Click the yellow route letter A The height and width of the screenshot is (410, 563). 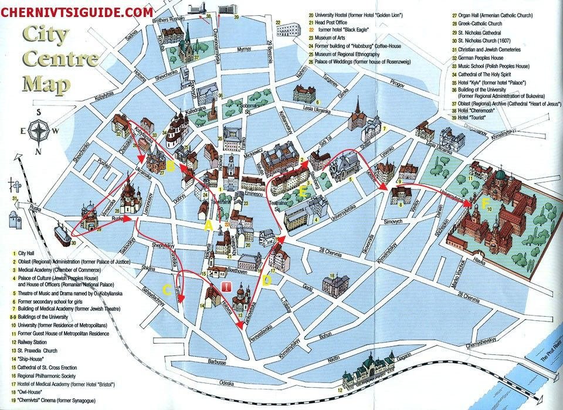coord(206,225)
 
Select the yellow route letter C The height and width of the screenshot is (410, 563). coord(167,289)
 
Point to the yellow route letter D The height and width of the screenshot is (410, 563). coord(267,280)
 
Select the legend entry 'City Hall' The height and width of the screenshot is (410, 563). coord(28,253)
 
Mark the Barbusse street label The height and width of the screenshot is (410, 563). coord(217,362)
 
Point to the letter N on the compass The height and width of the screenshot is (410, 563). coord(38,153)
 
